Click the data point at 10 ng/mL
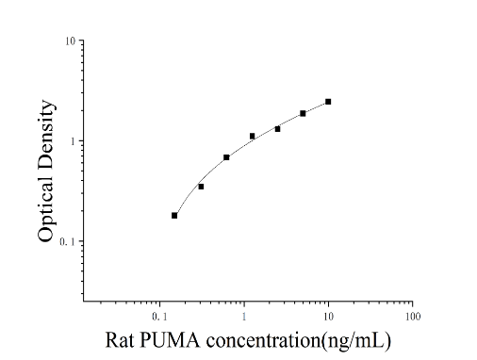pos(328,102)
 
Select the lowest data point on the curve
pos(174,216)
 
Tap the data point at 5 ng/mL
pos(303,113)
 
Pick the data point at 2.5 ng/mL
pos(277,129)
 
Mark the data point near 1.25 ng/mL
pos(252,136)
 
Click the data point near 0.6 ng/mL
pos(226,157)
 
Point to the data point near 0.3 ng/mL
pos(201,187)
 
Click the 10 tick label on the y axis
pos(71,41)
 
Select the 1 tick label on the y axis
pos(74,141)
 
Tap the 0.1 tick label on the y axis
pos(68,241)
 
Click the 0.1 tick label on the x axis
pos(159,317)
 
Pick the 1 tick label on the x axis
pos(244,317)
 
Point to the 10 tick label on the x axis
pos(328,317)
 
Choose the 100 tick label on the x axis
pos(413,317)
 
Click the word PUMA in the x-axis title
pos(170,340)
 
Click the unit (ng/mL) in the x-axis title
pos(356,341)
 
